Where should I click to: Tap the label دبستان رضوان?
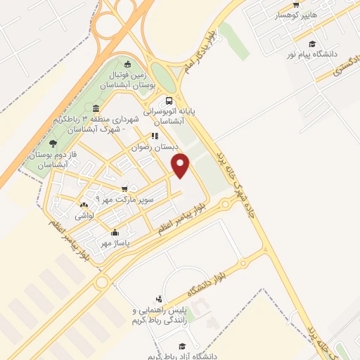click(x=157, y=147)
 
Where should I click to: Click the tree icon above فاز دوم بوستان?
click(x=53, y=143)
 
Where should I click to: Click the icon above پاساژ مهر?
click(x=115, y=232)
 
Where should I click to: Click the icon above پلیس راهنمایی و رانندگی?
click(x=160, y=298)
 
